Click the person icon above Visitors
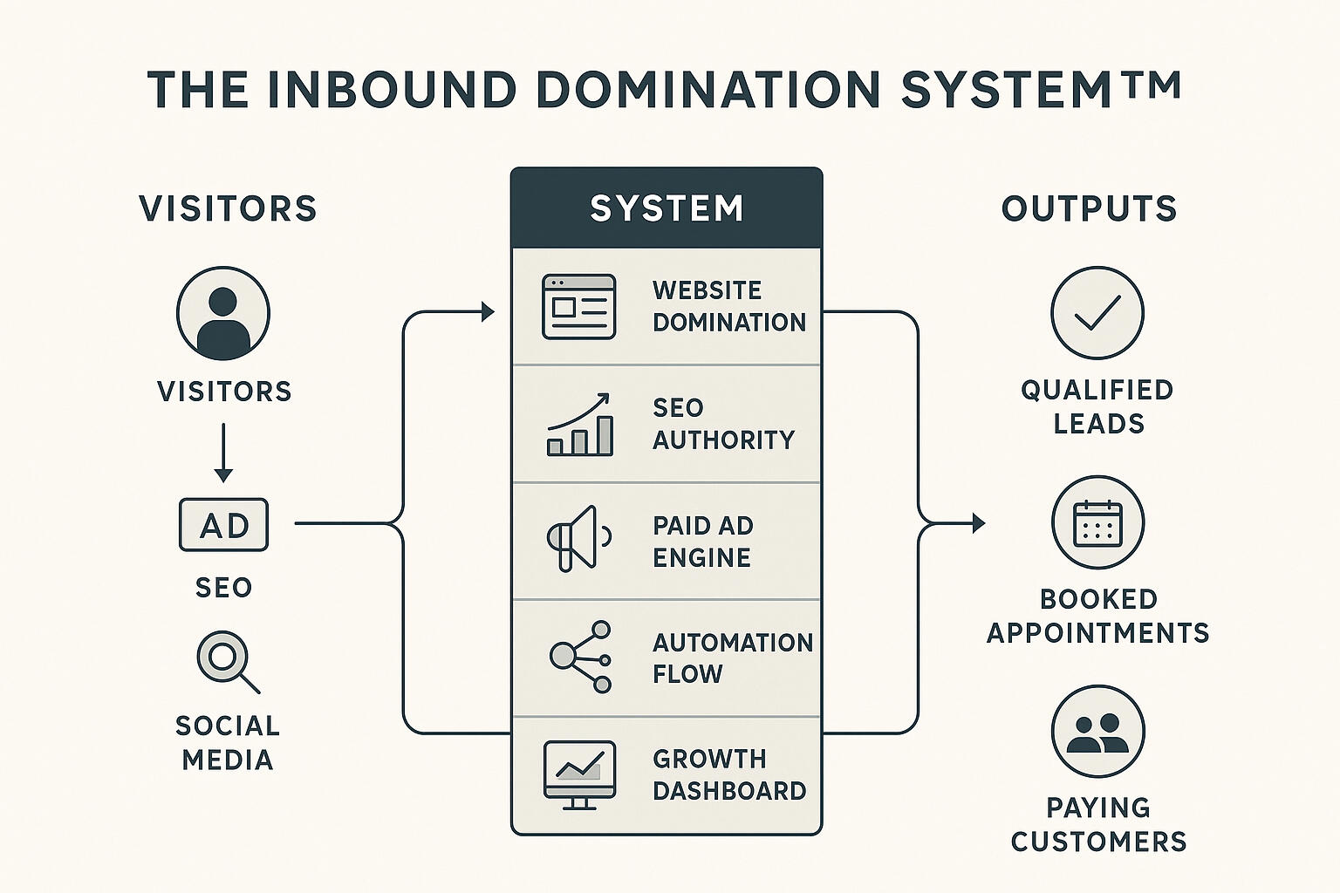pos(223,314)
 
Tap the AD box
pos(223,525)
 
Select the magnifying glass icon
pos(226,659)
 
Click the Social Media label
pos(227,742)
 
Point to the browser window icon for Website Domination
pos(578,307)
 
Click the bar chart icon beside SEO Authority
pos(579,425)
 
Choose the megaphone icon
pos(577,538)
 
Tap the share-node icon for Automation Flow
pos(581,657)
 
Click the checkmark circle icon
pos(1097,313)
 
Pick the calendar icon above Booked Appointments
pos(1097,522)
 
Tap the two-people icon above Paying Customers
pos(1097,732)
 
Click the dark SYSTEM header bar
pos(667,208)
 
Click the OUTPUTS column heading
pos(1089,209)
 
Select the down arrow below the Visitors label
pos(223,453)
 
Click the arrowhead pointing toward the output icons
pos(978,523)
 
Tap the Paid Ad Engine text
pos(702,542)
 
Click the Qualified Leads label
pos(1097,406)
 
